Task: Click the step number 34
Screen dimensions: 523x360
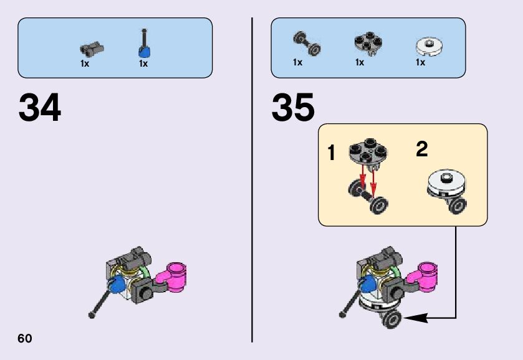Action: tap(40, 108)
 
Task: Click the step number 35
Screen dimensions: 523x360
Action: tap(293, 108)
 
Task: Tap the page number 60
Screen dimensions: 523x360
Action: tap(25, 338)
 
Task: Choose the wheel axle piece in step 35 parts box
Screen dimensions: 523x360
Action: tap(306, 43)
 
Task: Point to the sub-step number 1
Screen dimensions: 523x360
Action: tap(332, 152)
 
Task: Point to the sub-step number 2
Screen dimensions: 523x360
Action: tap(422, 149)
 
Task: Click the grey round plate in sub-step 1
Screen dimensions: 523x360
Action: tap(367, 153)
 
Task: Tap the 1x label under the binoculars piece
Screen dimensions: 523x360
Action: tap(85, 64)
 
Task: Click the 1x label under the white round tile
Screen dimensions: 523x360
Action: tap(421, 62)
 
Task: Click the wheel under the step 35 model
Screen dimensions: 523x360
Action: tap(393, 320)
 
